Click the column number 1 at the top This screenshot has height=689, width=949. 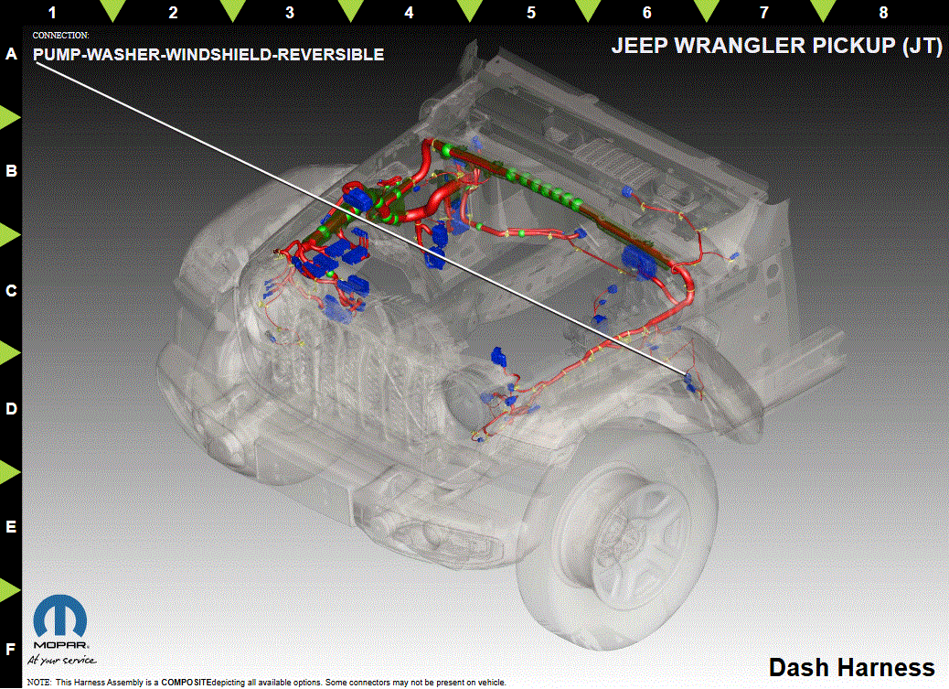tap(52, 12)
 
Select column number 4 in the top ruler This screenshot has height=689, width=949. tap(410, 12)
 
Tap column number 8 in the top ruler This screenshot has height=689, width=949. tap(883, 12)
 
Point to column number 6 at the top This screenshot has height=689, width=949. tap(646, 12)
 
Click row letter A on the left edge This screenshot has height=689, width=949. tap(11, 54)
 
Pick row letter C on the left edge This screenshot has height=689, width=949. tap(11, 290)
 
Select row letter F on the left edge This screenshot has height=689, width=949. tap(11, 650)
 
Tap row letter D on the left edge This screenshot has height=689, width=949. tap(11, 408)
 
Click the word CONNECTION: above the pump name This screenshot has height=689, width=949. tap(60, 36)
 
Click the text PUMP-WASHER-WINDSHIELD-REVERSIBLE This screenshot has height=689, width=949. tap(208, 55)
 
